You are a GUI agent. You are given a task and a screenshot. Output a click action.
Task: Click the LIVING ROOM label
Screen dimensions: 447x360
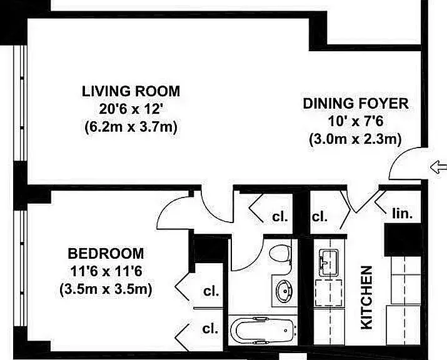tap(131, 91)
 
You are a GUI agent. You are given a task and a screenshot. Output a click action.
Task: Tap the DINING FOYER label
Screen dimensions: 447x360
tap(356, 104)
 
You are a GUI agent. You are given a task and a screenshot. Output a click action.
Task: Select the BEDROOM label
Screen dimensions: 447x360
tap(106, 253)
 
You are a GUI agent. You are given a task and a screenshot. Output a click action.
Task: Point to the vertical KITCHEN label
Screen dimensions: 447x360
tap(366, 297)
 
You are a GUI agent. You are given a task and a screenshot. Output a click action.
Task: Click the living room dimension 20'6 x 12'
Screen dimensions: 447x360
tap(131, 109)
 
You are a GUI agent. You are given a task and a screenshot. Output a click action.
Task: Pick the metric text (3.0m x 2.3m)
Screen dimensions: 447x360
tap(356, 139)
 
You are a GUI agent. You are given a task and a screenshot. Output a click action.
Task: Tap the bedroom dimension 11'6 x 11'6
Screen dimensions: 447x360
tap(106, 271)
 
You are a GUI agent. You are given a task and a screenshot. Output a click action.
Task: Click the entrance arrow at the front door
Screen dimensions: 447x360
tap(438, 167)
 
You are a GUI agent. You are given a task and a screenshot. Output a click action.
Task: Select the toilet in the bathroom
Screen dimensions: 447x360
tap(280, 252)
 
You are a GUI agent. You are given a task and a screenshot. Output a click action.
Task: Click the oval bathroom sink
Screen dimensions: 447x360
tap(284, 290)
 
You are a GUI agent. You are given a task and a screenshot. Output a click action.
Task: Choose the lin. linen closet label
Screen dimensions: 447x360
tap(402, 214)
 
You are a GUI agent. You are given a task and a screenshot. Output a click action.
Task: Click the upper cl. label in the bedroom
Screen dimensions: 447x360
tap(211, 291)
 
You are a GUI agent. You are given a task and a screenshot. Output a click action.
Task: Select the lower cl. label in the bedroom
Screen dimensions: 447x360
tap(210, 328)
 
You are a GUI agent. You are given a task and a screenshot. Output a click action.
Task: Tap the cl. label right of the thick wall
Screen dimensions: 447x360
tap(319, 217)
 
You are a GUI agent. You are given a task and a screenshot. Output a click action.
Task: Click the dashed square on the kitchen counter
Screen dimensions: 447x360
tap(328, 292)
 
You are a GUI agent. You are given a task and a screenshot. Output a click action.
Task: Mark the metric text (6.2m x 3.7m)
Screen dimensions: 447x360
tap(131, 127)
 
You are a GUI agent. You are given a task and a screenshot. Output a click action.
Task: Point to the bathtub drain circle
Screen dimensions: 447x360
tap(286, 331)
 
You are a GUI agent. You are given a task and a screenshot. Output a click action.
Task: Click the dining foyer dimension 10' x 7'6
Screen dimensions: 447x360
tap(356, 121)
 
